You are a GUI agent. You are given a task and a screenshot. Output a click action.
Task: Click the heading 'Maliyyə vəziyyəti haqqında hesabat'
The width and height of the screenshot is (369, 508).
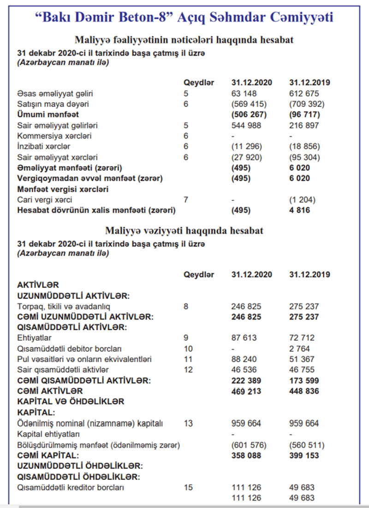pyautogui.click(x=184, y=230)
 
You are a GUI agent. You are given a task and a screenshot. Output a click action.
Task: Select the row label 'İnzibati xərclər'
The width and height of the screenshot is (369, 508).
pyautogui.click(x=44, y=146)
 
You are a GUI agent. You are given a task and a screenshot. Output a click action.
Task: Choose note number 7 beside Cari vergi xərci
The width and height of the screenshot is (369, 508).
pyautogui.click(x=186, y=200)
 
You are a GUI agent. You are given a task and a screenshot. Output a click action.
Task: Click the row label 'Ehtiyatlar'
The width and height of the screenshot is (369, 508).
pyautogui.click(x=34, y=338)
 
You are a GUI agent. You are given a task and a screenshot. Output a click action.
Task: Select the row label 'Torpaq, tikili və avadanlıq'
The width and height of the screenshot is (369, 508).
pyautogui.click(x=64, y=306)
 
